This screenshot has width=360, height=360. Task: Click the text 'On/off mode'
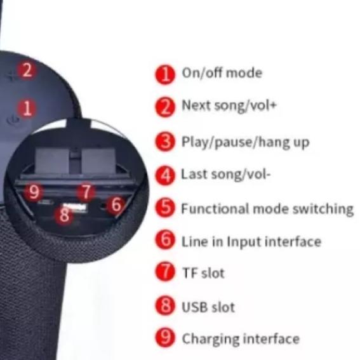[x=222, y=73]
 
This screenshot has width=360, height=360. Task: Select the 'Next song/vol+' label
[x=229, y=105]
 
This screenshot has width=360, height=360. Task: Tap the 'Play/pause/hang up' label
[x=245, y=142]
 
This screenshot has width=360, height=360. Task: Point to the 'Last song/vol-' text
[x=225, y=174]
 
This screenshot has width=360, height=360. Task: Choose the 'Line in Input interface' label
[x=251, y=241]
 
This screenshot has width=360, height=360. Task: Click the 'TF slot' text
[x=203, y=273]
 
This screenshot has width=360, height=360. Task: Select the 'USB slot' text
[x=208, y=307]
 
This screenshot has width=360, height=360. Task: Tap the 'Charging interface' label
[x=240, y=339]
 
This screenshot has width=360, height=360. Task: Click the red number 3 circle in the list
[x=166, y=142]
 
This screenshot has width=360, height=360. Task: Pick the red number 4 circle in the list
[x=166, y=175]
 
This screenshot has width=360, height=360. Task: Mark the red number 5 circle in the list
[x=166, y=208]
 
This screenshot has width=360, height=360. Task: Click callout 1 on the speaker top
[x=27, y=108]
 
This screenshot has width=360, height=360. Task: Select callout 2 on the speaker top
[x=27, y=70]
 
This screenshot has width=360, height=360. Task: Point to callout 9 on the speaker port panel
[x=35, y=192]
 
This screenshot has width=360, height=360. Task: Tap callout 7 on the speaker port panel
[x=86, y=192]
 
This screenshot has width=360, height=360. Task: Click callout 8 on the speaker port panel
[x=63, y=215]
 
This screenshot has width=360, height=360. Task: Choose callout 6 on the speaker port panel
[x=116, y=204]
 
